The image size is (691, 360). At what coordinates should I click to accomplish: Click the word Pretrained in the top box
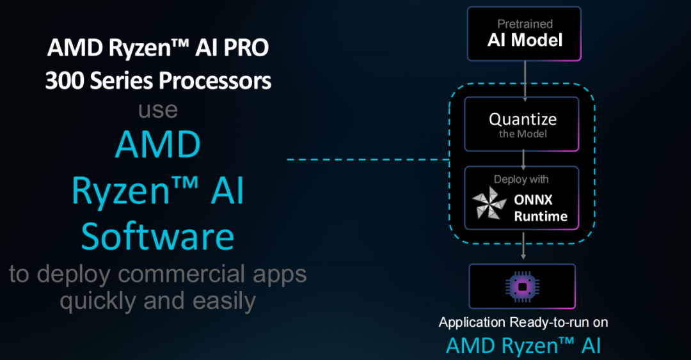click(x=525, y=24)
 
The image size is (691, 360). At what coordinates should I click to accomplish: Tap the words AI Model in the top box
click(x=525, y=40)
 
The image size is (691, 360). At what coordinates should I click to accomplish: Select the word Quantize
click(x=523, y=119)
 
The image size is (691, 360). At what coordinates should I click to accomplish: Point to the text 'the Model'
click(x=523, y=134)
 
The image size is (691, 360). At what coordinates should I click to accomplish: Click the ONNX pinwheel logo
click(x=489, y=203)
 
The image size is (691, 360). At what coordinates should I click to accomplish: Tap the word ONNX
click(x=533, y=200)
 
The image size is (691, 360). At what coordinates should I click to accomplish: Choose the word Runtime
click(x=541, y=216)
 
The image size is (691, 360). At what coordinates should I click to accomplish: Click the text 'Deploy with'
click(x=521, y=179)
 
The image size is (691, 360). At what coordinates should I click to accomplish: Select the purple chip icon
click(x=523, y=287)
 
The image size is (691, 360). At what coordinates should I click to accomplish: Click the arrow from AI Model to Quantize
click(x=525, y=81)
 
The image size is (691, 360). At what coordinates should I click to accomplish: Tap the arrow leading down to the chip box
click(x=523, y=245)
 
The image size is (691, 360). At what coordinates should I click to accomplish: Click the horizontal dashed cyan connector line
click(x=368, y=159)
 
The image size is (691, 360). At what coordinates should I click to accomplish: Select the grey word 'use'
click(x=158, y=110)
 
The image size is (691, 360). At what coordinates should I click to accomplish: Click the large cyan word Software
click(x=157, y=237)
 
